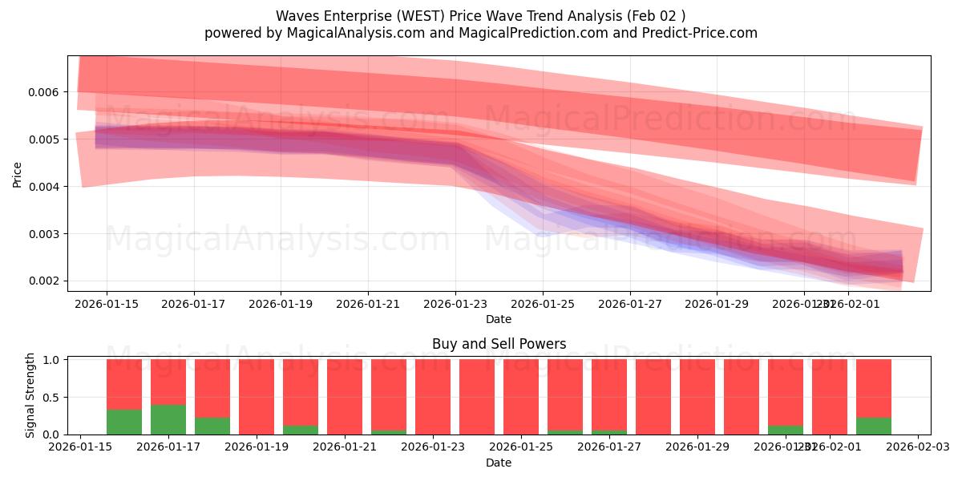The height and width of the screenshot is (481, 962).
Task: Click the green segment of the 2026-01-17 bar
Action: coord(168,419)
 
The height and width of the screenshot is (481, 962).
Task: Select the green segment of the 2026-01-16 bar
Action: coord(124,422)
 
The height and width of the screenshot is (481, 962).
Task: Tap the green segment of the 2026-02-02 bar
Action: coord(874,426)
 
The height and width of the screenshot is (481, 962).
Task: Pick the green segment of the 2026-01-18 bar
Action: coord(212,426)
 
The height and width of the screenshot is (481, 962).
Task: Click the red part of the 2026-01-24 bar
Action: coord(477,397)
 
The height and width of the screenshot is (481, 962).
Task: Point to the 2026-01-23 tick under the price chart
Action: coord(455,304)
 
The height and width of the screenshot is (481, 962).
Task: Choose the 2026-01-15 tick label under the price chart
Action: coord(107,304)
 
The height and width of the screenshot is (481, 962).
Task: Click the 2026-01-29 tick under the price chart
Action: coord(716,304)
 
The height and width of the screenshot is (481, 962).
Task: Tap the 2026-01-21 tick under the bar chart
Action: coord(345,447)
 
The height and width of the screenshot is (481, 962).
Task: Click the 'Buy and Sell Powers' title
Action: coord(499,344)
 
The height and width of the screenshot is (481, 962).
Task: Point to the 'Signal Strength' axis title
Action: coord(30,395)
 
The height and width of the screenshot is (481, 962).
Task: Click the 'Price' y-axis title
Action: coord(18,173)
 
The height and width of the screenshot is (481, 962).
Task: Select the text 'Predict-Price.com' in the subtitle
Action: coord(700,33)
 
